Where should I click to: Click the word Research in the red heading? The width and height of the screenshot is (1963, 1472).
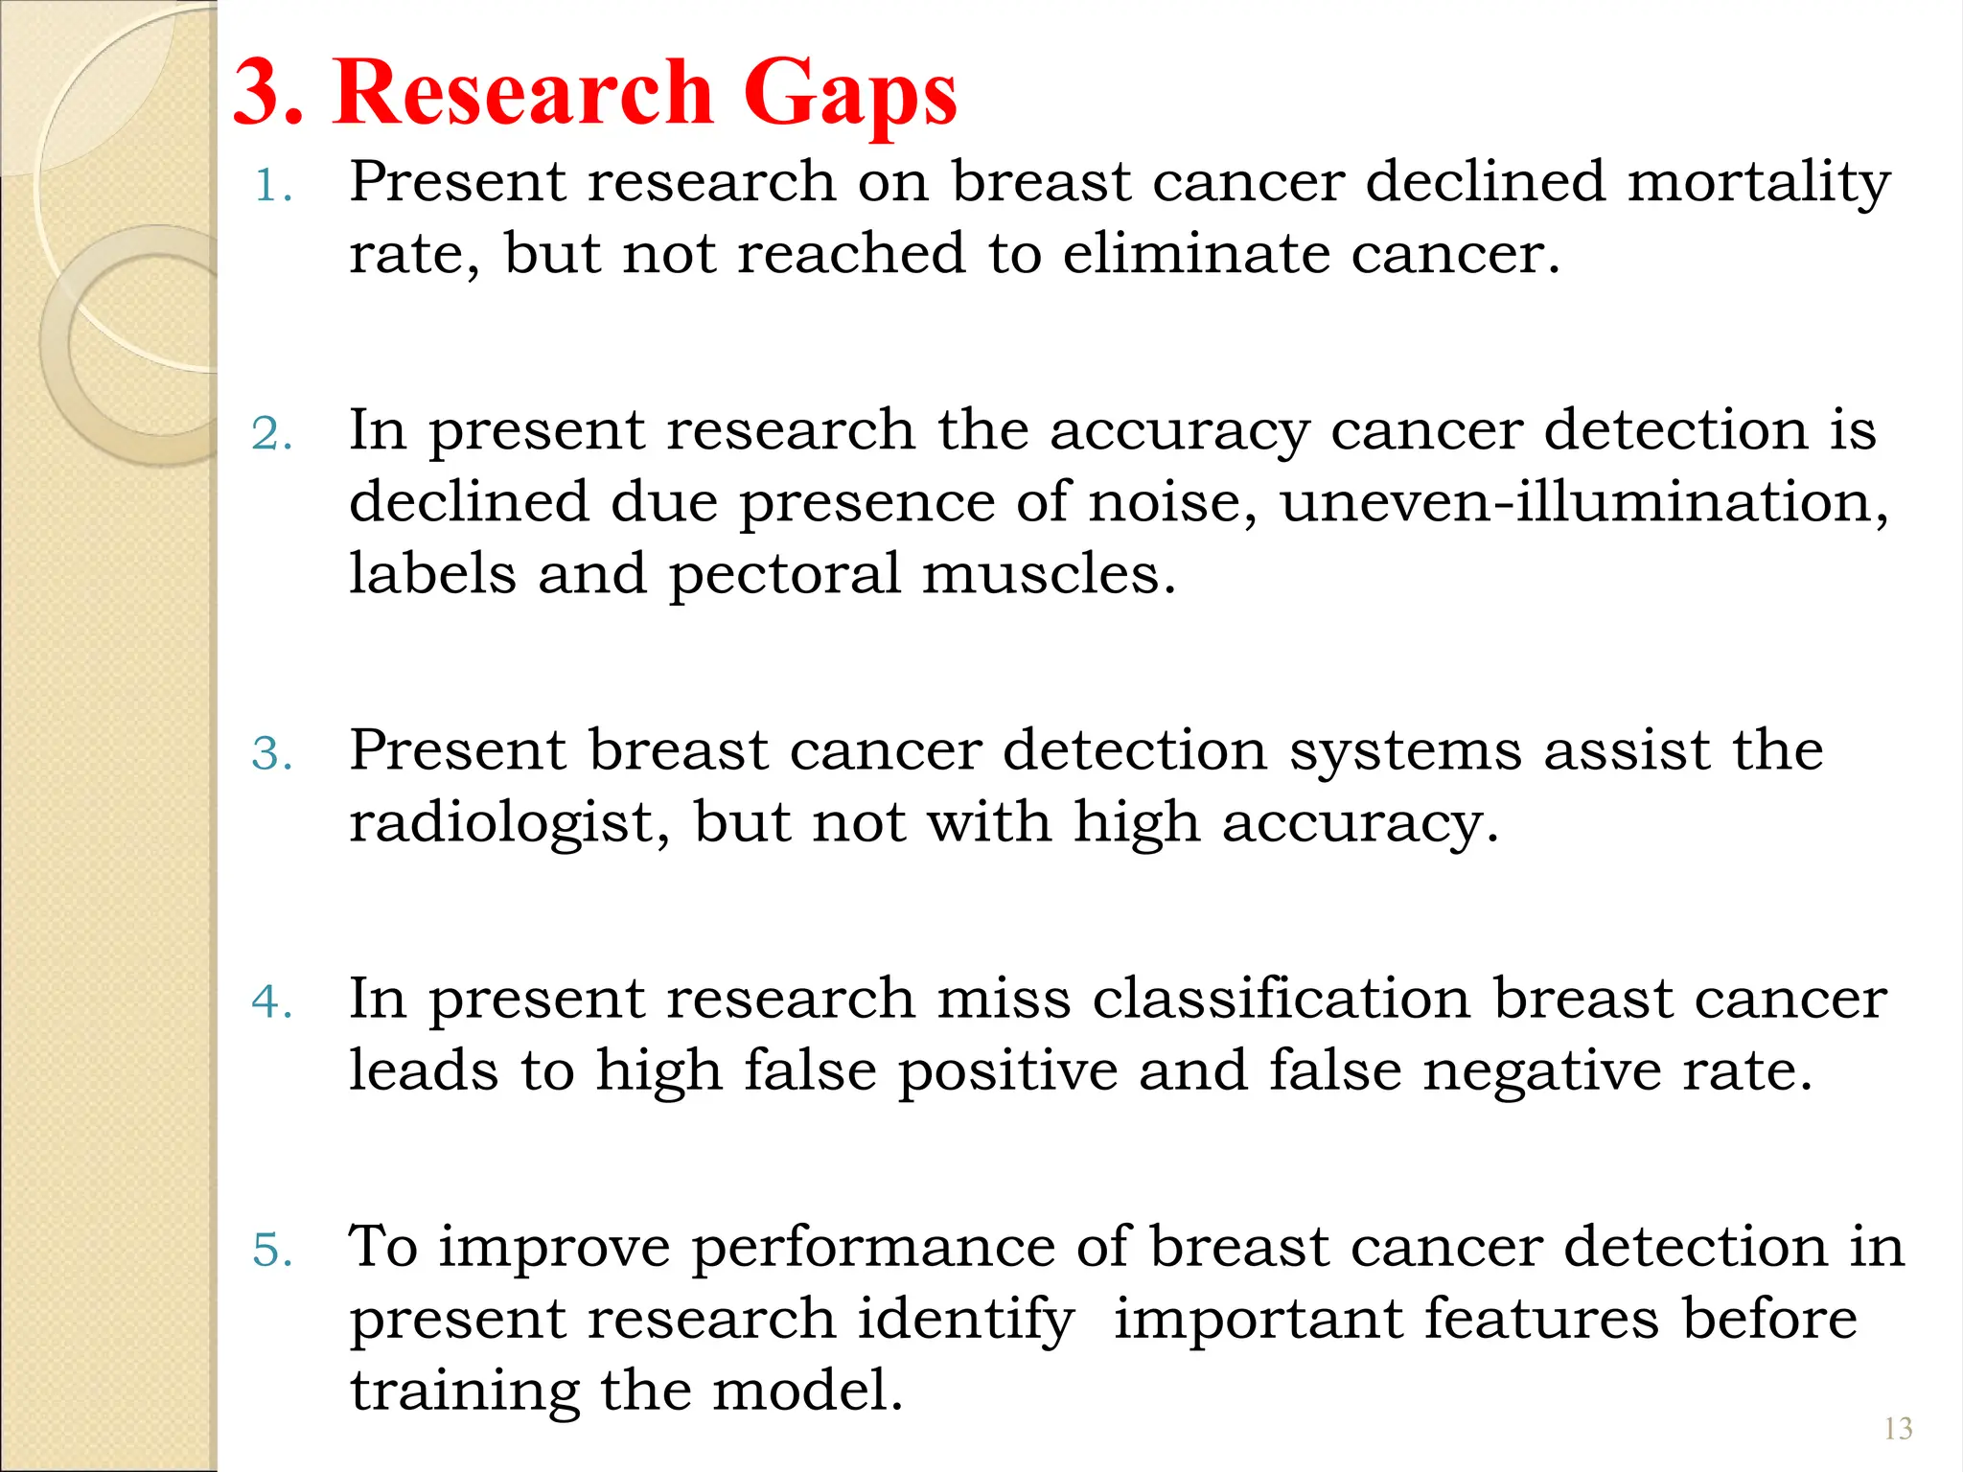click(523, 92)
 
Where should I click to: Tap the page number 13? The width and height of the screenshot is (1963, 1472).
click(1898, 1429)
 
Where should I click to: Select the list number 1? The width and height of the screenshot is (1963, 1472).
click(272, 185)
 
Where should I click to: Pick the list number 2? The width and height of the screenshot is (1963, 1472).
click(272, 433)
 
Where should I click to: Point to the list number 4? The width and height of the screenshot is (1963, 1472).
click(272, 1001)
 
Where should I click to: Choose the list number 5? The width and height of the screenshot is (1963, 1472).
click(272, 1250)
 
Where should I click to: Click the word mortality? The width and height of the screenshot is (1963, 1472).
click(1759, 183)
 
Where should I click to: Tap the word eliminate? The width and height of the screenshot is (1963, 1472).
click(1195, 254)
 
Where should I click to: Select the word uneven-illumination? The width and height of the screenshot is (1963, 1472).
click(1583, 501)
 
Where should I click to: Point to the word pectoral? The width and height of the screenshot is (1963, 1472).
click(784, 575)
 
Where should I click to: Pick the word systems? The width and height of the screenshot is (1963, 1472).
click(1404, 749)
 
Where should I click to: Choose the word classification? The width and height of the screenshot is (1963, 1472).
click(1281, 999)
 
